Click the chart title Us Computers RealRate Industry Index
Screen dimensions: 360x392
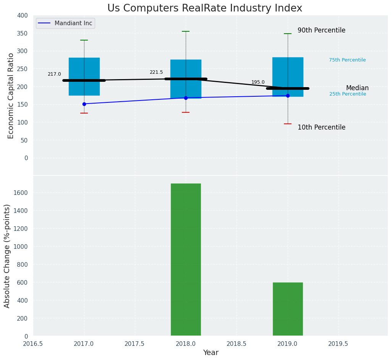(204, 8)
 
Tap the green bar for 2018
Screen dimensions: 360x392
(186, 259)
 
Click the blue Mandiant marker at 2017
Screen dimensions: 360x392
(84, 104)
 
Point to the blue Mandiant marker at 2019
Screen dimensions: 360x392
(288, 96)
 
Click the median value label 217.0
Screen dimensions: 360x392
(54, 74)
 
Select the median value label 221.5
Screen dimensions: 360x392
(156, 72)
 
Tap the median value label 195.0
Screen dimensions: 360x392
(258, 82)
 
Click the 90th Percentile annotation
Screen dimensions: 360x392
(321, 30)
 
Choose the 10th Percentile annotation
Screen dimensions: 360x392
(321, 127)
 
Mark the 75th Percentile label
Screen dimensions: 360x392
(347, 60)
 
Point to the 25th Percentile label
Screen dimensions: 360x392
(348, 94)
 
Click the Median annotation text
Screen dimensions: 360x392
(357, 88)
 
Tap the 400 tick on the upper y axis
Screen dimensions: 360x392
(23, 15)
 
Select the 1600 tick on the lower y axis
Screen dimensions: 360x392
(21, 193)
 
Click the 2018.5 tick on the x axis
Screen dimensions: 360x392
(236, 344)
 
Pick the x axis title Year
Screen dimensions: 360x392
(211, 353)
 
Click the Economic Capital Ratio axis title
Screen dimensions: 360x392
(11, 96)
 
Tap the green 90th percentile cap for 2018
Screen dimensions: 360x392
(186, 31)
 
